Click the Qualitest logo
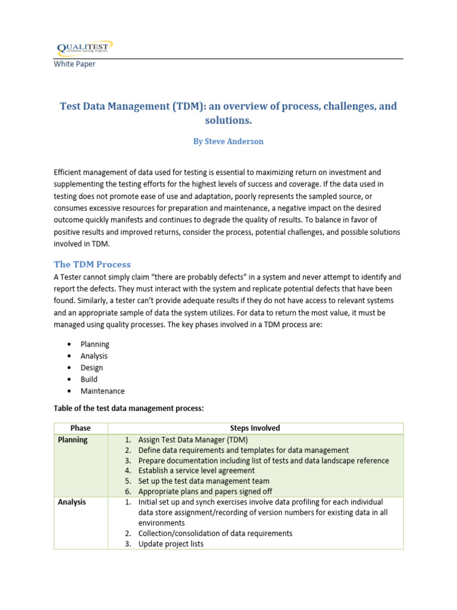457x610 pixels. (x=83, y=48)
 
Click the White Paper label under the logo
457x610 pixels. (x=74, y=64)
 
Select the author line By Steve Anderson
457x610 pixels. (x=228, y=141)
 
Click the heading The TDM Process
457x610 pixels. (x=92, y=264)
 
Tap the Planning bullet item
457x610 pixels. (x=95, y=344)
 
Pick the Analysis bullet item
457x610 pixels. (x=94, y=356)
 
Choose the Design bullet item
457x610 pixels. (x=92, y=368)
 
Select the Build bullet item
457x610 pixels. (x=89, y=379)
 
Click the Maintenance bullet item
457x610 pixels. (x=102, y=391)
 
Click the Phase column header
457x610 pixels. (x=80, y=428)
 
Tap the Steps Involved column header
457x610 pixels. (x=255, y=428)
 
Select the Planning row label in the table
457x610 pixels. (x=73, y=440)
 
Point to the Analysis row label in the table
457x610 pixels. (x=72, y=502)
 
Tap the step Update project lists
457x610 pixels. (x=170, y=544)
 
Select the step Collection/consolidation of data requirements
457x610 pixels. (x=215, y=534)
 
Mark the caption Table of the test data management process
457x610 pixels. (x=129, y=409)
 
